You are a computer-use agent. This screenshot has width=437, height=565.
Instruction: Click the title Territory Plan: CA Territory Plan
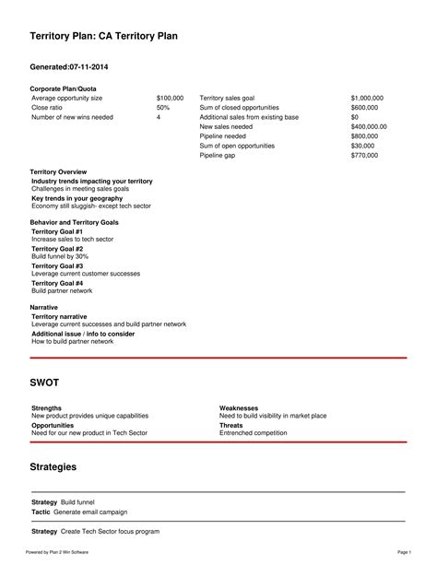pyautogui.click(x=103, y=35)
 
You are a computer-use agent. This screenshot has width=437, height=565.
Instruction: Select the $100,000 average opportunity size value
pyautogui.click(x=170, y=97)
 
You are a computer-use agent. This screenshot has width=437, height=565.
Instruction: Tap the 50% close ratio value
pyautogui.click(x=163, y=107)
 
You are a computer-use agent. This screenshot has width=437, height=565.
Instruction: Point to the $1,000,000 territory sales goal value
pyautogui.click(x=367, y=97)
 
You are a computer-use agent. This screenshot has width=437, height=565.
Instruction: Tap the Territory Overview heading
pyautogui.click(x=58, y=171)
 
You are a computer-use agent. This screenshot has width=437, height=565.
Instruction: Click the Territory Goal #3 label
pyautogui.click(x=57, y=265)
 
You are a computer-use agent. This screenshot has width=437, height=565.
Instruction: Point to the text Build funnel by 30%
pyautogui.click(x=60, y=256)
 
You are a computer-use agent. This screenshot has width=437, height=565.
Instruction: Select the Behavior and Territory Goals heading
pyautogui.click(x=74, y=222)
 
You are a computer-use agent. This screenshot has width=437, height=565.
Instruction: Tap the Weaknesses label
pyautogui.click(x=238, y=407)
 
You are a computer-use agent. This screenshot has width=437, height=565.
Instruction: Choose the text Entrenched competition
pyautogui.click(x=254, y=432)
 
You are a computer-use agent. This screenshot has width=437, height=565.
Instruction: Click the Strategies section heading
pyautogui.click(x=53, y=467)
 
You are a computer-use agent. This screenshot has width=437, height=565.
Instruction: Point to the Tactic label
pyautogui.click(x=41, y=511)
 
